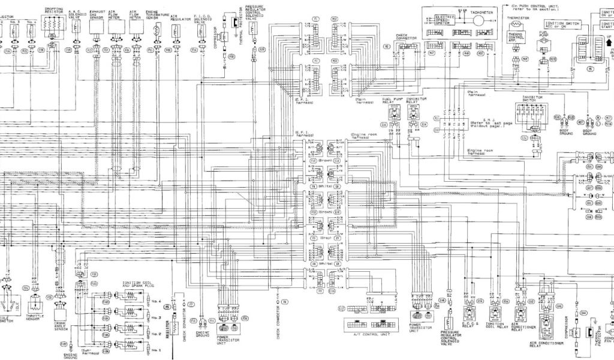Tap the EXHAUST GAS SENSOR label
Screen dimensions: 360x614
pos(96,14)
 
